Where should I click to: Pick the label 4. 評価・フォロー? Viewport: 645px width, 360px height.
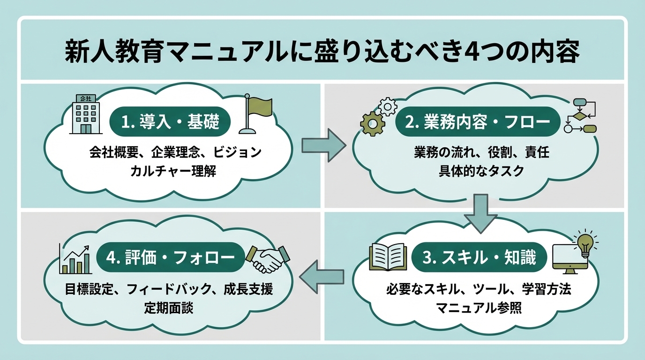pyautogui.click(x=171, y=257)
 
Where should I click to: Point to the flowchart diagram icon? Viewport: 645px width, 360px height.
pyautogui.click(x=580, y=116)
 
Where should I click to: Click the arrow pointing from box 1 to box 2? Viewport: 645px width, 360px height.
pyautogui.click(x=322, y=145)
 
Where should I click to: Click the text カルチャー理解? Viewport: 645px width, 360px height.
pyautogui.click(x=173, y=171)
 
